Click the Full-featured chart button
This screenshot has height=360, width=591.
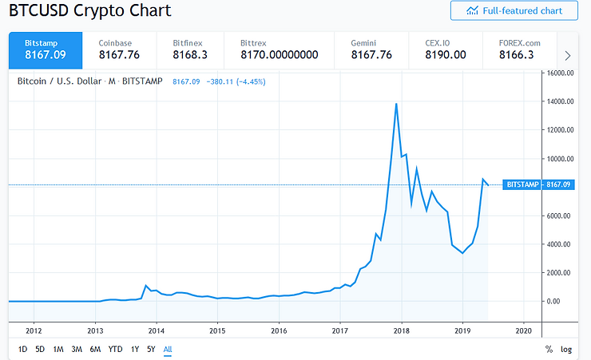coord(514,10)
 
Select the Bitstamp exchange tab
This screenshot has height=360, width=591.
coord(45,49)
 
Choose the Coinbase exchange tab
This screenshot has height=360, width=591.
coord(118,49)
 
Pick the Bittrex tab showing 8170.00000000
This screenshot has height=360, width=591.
coord(280,49)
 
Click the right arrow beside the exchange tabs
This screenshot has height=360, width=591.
coord(568,55)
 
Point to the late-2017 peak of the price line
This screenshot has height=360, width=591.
coord(397,104)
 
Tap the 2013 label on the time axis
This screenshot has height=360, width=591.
coord(95,330)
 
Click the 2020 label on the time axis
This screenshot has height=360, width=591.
coord(524,330)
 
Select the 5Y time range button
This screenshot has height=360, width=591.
coord(151,349)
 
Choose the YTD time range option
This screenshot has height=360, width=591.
coord(116,349)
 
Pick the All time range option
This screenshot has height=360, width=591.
coord(168,349)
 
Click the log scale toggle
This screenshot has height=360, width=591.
coord(566,349)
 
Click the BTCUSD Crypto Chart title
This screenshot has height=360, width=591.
coord(90,11)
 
